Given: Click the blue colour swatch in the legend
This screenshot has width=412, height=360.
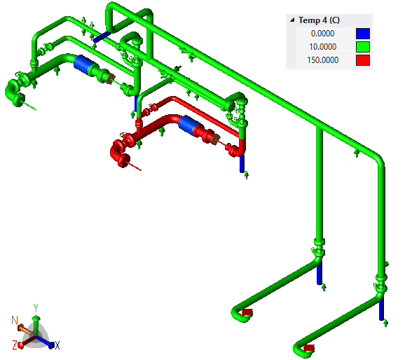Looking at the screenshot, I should (362, 34).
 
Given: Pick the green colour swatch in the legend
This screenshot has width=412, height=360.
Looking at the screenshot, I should (362, 47).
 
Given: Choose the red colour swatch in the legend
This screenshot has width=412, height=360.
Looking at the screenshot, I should (362, 60).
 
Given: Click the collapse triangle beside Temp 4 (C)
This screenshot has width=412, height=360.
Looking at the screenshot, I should (291, 20).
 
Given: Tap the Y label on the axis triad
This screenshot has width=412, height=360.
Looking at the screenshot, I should (36, 307).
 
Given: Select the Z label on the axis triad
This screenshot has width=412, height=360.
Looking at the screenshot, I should (14, 345).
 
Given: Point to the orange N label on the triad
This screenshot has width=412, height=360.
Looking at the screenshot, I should (15, 320).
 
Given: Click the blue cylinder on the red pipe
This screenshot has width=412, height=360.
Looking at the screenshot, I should (188, 124).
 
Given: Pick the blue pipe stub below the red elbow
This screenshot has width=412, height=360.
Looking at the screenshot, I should (242, 164).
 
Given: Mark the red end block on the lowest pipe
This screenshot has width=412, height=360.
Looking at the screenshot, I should (308, 347).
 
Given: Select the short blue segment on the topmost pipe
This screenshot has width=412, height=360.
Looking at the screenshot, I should (102, 34).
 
